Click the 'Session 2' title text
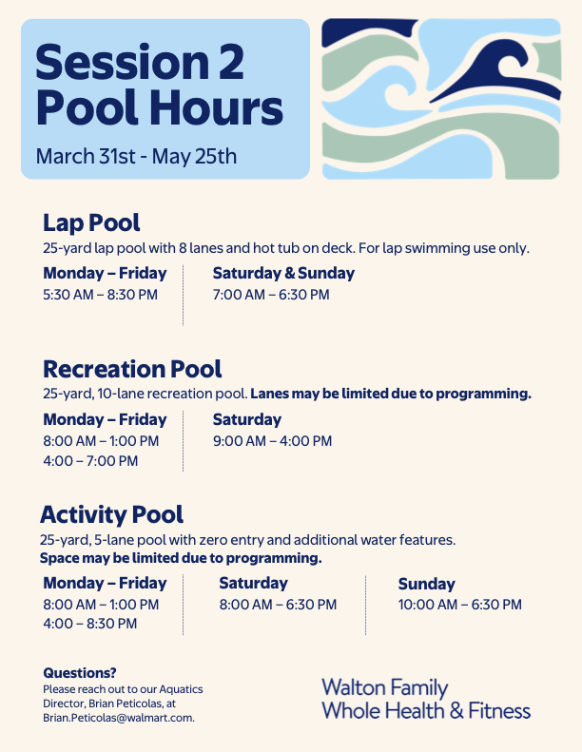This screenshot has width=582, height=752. tap(140, 62)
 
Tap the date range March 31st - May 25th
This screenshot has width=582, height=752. tap(136, 156)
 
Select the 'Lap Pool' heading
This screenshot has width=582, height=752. tap(91, 222)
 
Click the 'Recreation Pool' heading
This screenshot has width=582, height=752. tap(132, 369)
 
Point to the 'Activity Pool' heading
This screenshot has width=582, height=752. tap(112, 514)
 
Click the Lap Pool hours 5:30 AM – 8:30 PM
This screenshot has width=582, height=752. tap(100, 295)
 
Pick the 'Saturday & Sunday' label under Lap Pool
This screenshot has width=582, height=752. tap(284, 273)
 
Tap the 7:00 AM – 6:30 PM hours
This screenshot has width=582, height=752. tap(271, 295)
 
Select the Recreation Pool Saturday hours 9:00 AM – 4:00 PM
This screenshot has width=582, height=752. tap(273, 441)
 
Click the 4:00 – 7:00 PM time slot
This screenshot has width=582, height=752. tap(90, 461)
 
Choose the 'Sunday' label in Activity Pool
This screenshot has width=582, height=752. tap(427, 584)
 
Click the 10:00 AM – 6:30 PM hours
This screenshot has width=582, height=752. tap(460, 605)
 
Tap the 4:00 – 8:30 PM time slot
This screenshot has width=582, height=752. tap(90, 624)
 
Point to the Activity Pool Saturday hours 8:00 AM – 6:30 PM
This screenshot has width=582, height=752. tap(279, 605)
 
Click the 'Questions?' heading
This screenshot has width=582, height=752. tap(80, 673)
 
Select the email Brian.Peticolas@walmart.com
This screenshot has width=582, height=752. tap(119, 718)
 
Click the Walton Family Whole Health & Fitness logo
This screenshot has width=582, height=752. tap(426, 700)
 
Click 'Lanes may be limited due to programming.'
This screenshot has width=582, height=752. tap(391, 394)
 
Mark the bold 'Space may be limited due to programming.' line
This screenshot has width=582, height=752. tap(181, 558)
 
